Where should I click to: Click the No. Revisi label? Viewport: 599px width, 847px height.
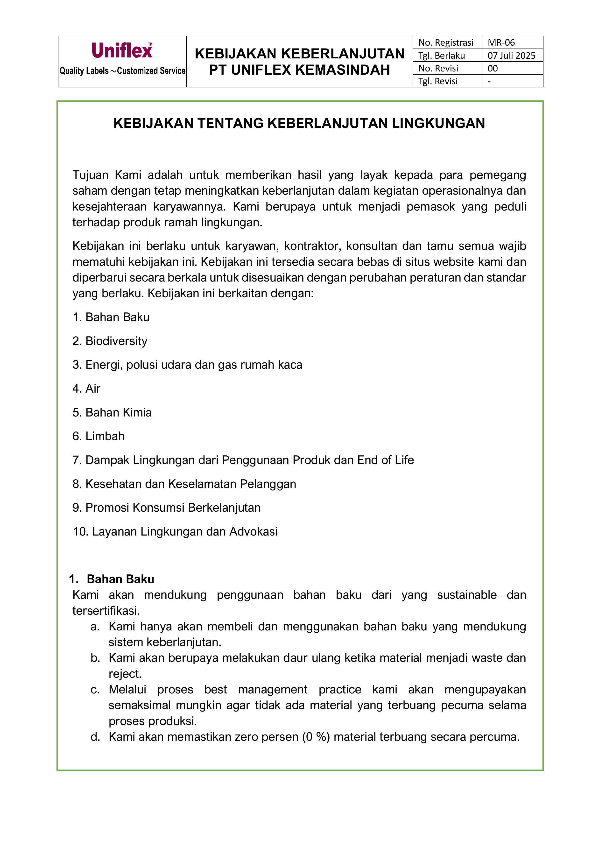click(438, 68)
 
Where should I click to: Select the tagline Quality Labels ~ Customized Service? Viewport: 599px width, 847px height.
click(122, 71)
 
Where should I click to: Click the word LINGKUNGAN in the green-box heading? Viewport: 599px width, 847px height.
click(438, 123)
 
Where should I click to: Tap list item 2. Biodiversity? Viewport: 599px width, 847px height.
click(110, 341)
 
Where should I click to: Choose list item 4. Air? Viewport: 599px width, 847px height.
click(86, 388)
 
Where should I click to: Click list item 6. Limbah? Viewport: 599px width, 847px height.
click(99, 436)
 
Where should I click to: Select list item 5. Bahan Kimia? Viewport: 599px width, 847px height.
click(112, 412)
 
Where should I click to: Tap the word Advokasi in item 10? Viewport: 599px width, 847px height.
click(254, 532)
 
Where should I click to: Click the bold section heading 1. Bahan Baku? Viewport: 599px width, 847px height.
click(112, 579)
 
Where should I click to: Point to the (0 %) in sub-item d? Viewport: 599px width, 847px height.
click(316, 737)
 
